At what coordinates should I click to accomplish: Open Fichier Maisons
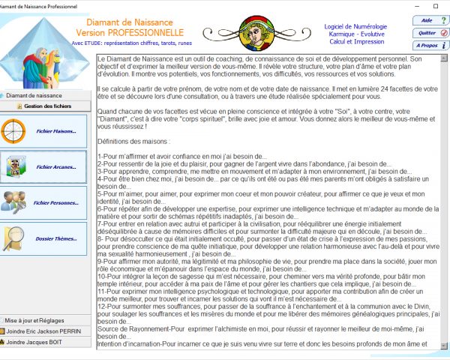pos(46,131)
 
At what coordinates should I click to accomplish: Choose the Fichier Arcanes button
pos(46,166)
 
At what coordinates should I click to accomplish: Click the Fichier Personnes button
pos(46,202)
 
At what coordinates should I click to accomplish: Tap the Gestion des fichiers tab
pos(46,107)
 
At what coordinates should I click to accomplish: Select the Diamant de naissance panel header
pos(46,96)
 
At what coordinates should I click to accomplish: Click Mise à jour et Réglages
pos(46,319)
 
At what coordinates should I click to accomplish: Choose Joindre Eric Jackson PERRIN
pos(46,331)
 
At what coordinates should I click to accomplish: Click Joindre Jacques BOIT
pos(46,342)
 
